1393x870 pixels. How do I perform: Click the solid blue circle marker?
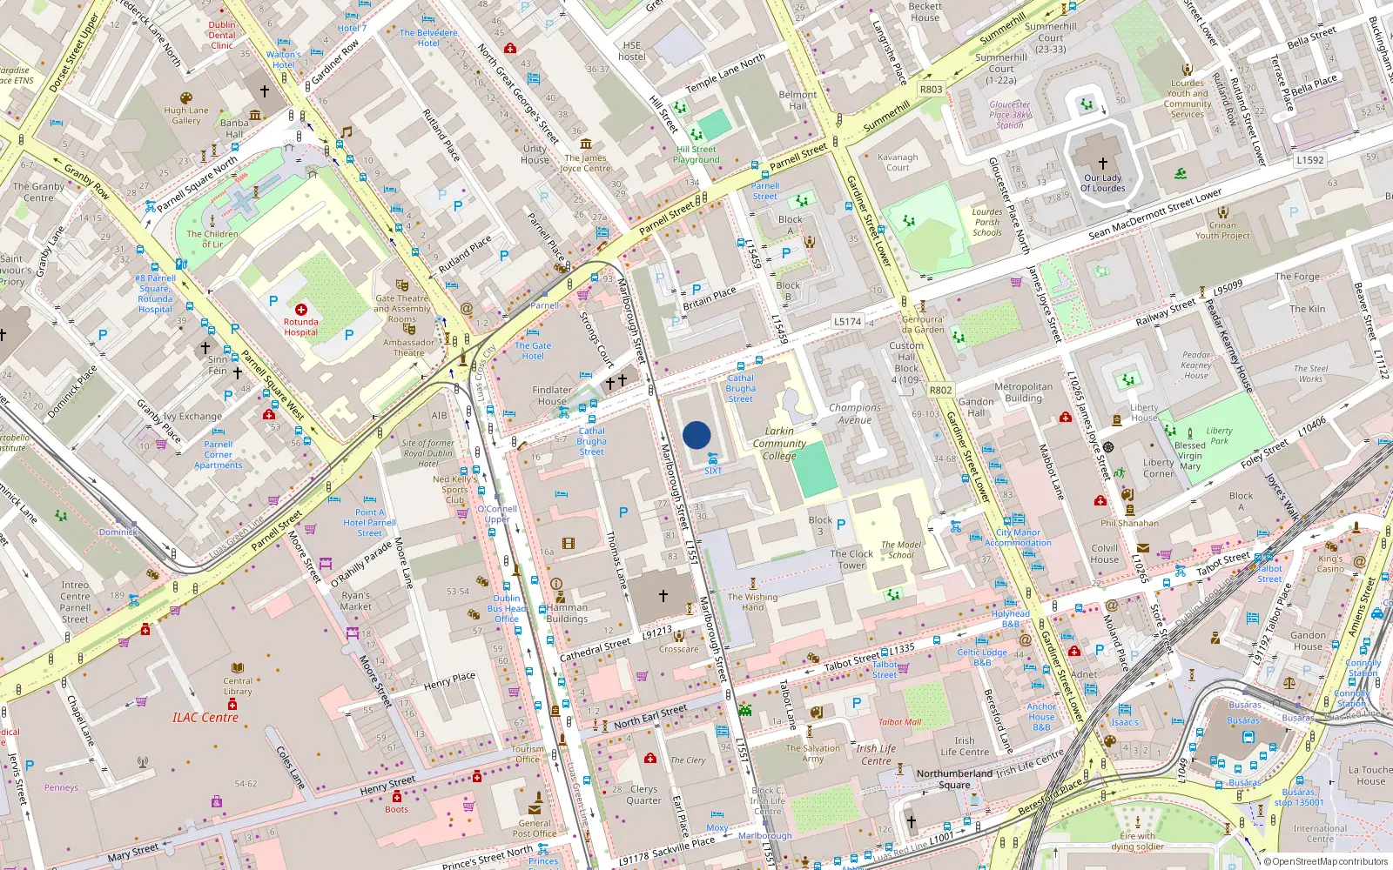(x=696, y=435)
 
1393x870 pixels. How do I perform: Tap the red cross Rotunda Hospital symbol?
(x=301, y=310)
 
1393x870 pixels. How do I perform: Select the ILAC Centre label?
(x=205, y=718)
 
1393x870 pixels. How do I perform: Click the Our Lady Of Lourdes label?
(x=1103, y=183)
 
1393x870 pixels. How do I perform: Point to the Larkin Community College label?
(x=779, y=443)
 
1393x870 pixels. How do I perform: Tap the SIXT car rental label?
(x=713, y=471)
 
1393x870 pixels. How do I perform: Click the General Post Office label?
(x=535, y=828)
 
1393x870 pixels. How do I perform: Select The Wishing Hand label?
(x=752, y=602)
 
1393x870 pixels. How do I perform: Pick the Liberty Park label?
(x=1219, y=435)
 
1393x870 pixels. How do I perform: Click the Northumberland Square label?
(x=954, y=779)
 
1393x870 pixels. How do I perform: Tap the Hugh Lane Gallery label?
(x=186, y=116)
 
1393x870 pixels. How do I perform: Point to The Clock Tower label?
(x=851, y=559)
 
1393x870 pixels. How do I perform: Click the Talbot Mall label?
(x=899, y=722)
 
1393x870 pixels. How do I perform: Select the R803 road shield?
(x=931, y=89)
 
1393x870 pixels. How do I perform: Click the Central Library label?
(x=238, y=686)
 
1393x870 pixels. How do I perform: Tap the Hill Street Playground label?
(x=696, y=154)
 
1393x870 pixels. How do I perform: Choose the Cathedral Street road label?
(x=596, y=648)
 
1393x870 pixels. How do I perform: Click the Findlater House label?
(x=552, y=396)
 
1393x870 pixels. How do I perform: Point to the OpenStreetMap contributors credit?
(x=1329, y=862)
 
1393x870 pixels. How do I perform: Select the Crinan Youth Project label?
(x=1222, y=231)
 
